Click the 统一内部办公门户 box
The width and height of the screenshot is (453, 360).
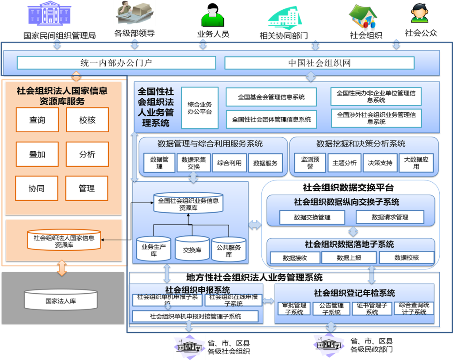click(x=116, y=63)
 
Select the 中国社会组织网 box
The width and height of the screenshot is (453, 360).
click(x=319, y=63)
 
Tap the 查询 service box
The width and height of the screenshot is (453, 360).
click(x=37, y=120)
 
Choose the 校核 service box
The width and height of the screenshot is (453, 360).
click(x=87, y=120)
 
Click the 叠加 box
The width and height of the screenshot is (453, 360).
click(x=37, y=154)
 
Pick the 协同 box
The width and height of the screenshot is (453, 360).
click(x=37, y=188)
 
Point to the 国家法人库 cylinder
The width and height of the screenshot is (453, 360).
click(x=61, y=301)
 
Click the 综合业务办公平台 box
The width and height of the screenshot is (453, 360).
click(x=200, y=108)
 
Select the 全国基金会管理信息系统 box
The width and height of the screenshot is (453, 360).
click(x=271, y=97)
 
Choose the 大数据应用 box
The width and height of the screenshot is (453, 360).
click(x=416, y=163)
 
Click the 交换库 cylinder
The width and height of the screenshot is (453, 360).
click(x=192, y=250)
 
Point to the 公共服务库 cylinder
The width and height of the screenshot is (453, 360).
click(x=229, y=251)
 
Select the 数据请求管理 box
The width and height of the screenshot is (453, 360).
click(x=390, y=217)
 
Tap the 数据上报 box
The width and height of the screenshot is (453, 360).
click(x=349, y=257)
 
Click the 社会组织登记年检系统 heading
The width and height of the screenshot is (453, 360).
click(x=354, y=293)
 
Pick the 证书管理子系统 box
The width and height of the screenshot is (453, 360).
click(x=372, y=309)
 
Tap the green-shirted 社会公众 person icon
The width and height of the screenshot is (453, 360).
click(x=420, y=14)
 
